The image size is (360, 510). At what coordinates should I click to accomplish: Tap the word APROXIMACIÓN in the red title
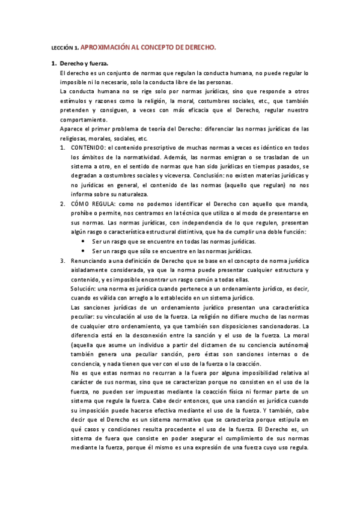(104, 46)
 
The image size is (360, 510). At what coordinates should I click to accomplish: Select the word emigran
(206, 157)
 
